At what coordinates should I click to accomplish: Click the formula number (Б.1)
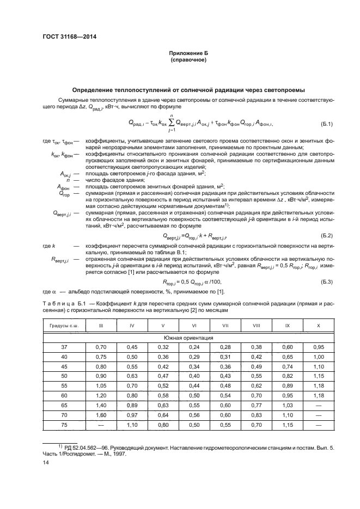(325, 124)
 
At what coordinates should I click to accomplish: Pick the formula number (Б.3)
(325, 280)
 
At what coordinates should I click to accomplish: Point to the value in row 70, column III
(101, 415)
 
